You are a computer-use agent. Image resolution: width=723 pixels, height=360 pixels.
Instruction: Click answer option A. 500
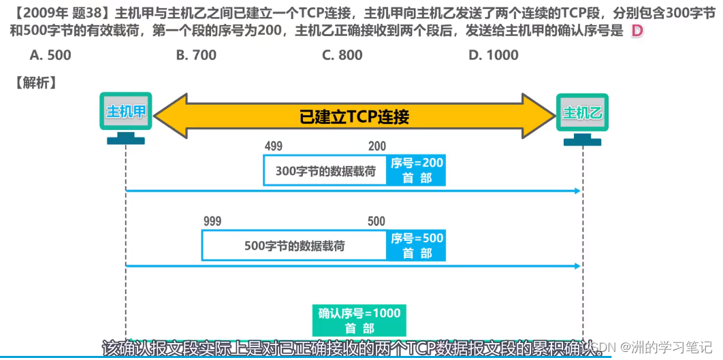(50, 55)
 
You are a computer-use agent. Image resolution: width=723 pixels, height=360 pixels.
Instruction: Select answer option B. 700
(196, 55)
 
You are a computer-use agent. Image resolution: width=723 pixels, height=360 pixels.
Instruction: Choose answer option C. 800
(342, 55)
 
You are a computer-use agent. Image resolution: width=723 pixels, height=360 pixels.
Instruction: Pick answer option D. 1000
(493, 55)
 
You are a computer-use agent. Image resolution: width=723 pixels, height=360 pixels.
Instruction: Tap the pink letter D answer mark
(637, 31)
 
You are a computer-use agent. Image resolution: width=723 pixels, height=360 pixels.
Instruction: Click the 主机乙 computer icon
(583, 117)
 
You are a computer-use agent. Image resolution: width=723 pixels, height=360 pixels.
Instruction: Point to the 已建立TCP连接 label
(354, 116)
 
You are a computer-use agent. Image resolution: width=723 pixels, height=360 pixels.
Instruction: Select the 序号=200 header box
(417, 169)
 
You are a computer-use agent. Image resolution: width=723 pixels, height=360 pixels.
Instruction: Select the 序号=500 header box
(417, 245)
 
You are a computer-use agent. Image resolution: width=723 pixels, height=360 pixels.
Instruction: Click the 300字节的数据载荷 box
(325, 171)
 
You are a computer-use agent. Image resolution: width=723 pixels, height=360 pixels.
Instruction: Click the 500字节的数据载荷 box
(294, 246)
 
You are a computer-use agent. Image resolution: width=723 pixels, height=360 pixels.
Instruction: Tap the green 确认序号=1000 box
(359, 320)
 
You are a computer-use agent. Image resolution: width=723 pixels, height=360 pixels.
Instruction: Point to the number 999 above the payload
(212, 221)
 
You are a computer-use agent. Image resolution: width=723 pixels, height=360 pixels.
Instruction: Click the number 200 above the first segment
(376, 146)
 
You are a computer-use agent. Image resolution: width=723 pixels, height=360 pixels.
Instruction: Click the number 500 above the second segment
(376, 221)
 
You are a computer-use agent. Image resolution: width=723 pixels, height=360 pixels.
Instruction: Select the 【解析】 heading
(35, 83)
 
